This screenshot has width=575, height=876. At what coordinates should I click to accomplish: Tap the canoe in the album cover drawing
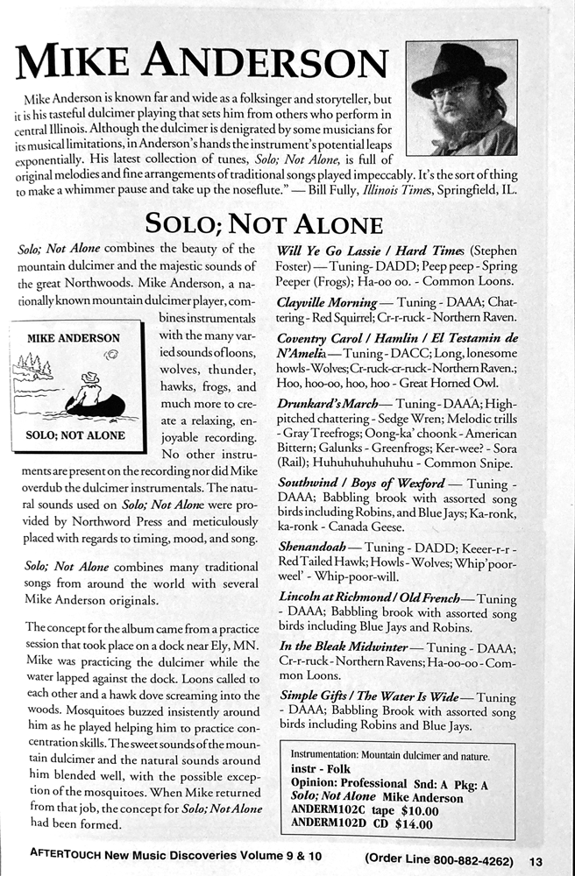point(97,406)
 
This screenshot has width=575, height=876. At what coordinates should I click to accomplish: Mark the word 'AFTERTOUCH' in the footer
point(67,859)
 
